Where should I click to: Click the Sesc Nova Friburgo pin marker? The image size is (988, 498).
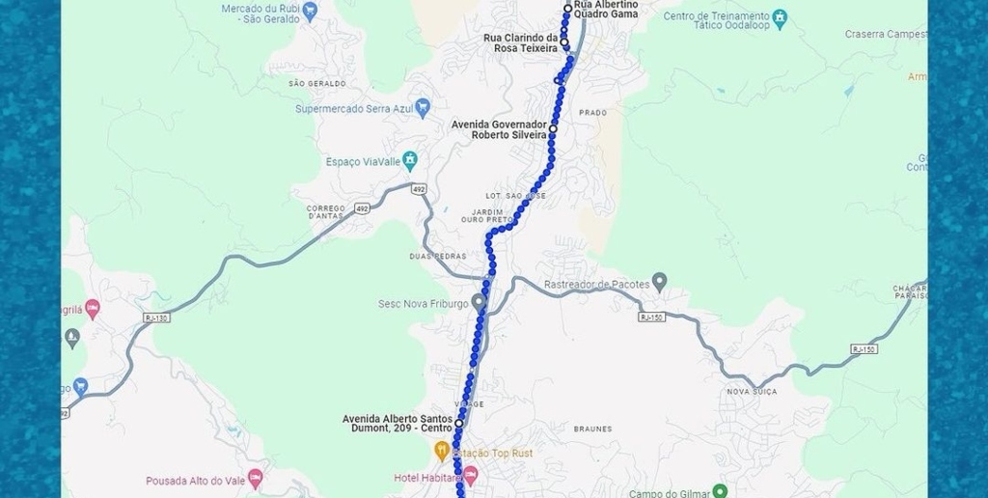[478, 302]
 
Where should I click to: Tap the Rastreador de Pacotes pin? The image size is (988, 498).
[659, 282]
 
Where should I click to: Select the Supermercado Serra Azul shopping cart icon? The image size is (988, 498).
[422, 107]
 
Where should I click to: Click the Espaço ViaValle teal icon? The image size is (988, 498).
[410, 159]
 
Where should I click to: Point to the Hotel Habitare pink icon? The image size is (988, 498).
[470, 476]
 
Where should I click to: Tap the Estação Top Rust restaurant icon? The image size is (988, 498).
[442, 451]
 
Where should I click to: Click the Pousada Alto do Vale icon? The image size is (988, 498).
[255, 479]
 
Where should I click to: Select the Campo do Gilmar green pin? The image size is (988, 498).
[719, 492]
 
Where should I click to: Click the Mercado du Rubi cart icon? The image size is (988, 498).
[310, 12]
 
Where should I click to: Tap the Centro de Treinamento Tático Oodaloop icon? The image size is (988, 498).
[780, 18]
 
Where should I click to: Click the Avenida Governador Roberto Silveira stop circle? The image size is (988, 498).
[554, 127]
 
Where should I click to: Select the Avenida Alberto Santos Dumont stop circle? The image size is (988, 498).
[459, 423]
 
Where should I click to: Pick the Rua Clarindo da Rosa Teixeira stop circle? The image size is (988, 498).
[564, 42]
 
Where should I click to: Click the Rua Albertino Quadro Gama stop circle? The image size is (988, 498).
[568, 9]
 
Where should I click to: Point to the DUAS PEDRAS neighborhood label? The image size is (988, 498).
[437, 256]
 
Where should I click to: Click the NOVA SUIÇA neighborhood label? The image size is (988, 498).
[752, 391]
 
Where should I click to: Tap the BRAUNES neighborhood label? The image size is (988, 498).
[592, 429]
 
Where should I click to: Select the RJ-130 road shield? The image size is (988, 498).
[155, 318]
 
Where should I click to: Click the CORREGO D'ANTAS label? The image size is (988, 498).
[326, 212]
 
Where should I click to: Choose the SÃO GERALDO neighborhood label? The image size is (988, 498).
[316, 83]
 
